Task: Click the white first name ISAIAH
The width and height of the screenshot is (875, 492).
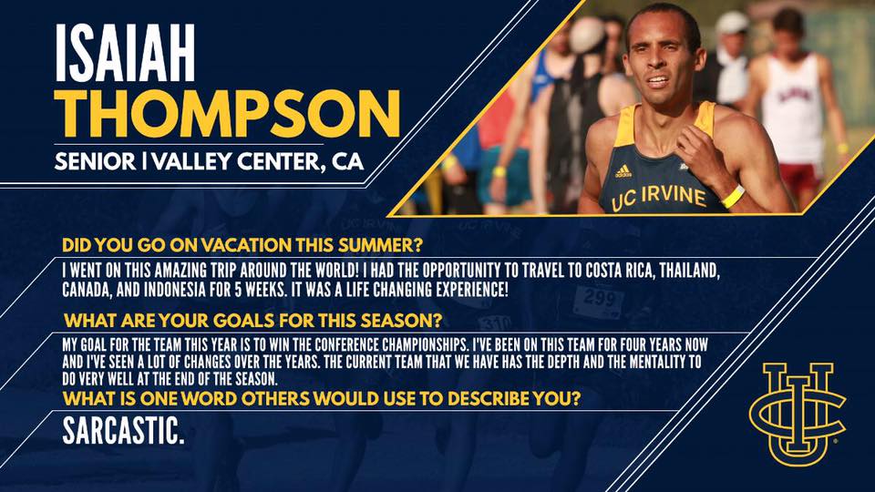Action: pos(125,53)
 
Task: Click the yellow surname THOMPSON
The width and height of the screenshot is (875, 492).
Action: pos(227,115)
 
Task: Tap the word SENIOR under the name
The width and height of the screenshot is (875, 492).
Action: pos(95,162)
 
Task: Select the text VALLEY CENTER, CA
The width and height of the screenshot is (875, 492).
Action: pos(258,162)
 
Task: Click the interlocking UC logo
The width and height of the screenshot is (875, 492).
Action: pos(798,414)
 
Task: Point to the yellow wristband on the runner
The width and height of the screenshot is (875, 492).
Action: pos(733,197)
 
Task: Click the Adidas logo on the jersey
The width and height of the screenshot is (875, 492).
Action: pos(623,171)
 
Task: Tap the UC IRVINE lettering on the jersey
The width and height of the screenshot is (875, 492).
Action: pos(659,198)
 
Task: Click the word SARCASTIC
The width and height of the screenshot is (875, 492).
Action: pos(123,431)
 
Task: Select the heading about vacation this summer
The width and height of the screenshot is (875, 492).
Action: pos(242,245)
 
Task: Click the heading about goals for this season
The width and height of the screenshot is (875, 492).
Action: pos(252,321)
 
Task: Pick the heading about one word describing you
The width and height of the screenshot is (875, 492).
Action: pos(322,399)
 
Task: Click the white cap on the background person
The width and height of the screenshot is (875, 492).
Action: pos(732,22)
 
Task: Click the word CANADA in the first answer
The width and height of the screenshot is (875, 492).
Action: pos(84,291)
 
